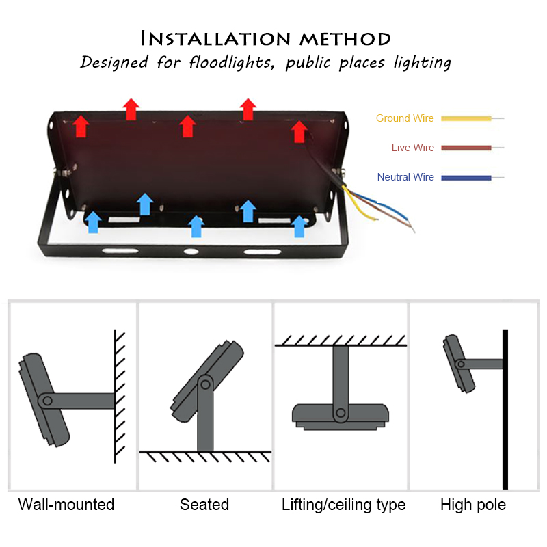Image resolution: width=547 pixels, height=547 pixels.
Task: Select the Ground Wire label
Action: pyautogui.click(x=405, y=118)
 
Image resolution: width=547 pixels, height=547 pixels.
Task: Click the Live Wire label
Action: pyautogui.click(x=412, y=148)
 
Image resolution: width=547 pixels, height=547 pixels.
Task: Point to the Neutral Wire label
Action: pyautogui.click(x=405, y=177)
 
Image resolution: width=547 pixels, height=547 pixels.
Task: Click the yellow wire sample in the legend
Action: pyautogui.click(x=466, y=118)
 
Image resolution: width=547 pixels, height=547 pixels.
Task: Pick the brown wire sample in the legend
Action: pyautogui.click(x=466, y=148)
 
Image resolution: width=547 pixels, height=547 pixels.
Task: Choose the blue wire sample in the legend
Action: pyautogui.click(x=466, y=177)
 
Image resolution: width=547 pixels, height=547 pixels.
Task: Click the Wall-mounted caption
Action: pyautogui.click(x=66, y=505)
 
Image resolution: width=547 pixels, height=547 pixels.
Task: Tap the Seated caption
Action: pyautogui.click(x=204, y=505)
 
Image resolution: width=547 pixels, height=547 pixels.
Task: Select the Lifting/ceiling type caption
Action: pyautogui.click(x=343, y=505)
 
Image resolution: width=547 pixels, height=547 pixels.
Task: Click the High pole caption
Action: pyautogui.click(x=473, y=505)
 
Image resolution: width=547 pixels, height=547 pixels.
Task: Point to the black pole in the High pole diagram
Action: pyautogui.click(x=505, y=410)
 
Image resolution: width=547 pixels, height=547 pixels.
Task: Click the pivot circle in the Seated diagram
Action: pyautogui.click(x=204, y=384)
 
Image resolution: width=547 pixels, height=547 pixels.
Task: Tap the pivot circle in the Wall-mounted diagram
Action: pyautogui.click(x=45, y=400)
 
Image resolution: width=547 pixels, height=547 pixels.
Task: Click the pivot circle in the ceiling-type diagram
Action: pyautogui.click(x=340, y=412)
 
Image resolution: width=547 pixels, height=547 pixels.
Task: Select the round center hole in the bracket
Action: pyautogui.click(x=189, y=252)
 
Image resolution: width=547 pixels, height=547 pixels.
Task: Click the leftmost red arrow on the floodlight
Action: pyautogui.click(x=81, y=126)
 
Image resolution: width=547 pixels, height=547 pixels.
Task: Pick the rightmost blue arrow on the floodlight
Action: pyautogui.click(x=299, y=226)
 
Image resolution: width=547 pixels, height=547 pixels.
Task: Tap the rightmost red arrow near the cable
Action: pyautogui.click(x=299, y=131)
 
